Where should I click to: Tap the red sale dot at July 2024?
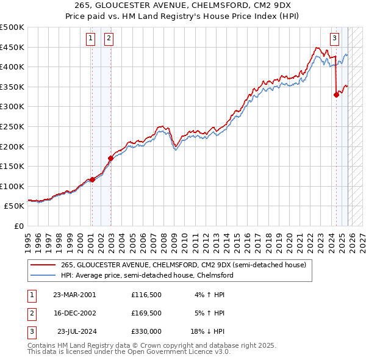[336, 95]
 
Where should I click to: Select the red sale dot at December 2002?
[111, 158]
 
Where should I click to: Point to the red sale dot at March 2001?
[93, 179]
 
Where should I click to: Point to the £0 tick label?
[18, 226]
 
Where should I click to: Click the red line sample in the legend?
[43, 264]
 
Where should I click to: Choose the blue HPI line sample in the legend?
[43, 275]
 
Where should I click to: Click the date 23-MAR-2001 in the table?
[74, 294]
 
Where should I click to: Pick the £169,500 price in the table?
[146, 313]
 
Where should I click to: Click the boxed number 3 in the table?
[31, 331]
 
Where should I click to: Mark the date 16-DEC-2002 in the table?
[74, 313]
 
